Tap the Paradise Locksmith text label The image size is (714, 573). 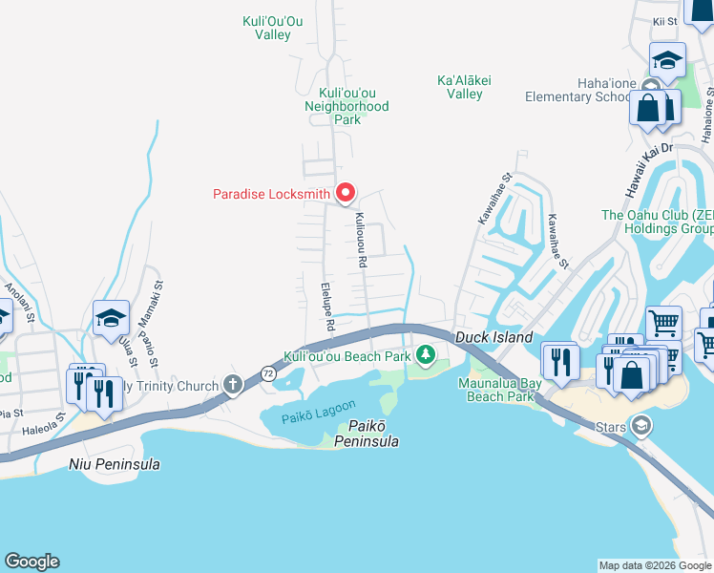pyautogui.click(x=271, y=195)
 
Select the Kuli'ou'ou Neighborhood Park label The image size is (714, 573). pyautogui.click(x=346, y=106)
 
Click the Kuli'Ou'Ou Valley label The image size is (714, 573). pyautogui.click(x=273, y=27)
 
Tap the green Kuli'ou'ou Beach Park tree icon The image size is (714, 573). pyautogui.click(x=426, y=357)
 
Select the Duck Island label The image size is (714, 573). pyautogui.click(x=493, y=338)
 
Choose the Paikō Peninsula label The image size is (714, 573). pyautogui.click(x=366, y=435)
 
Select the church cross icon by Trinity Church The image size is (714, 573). pyautogui.click(x=232, y=385)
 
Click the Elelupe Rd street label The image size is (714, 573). pyautogui.click(x=326, y=308)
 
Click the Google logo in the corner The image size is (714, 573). pyautogui.click(x=31, y=562)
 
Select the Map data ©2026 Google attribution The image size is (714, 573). pyautogui.click(x=654, y=565)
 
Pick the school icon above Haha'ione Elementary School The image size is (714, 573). pyautogui.click(x=667, y=61)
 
